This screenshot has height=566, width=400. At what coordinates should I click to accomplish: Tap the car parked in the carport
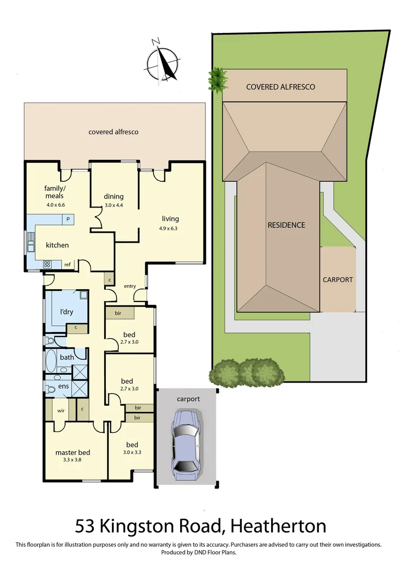186,445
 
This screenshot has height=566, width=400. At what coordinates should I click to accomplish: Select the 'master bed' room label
72,452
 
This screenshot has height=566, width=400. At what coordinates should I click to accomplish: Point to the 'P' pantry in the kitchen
68,219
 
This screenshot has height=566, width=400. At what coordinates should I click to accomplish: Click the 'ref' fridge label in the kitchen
67,265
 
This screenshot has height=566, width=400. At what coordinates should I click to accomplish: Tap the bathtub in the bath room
51,361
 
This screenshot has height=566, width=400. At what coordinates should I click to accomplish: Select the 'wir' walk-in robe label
60,411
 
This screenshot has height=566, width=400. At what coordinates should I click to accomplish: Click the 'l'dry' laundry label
66,312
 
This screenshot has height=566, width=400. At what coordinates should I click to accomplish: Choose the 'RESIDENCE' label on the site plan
286,225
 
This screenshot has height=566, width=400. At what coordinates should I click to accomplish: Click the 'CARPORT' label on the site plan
337,279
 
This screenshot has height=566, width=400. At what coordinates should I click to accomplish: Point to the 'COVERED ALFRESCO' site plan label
281,86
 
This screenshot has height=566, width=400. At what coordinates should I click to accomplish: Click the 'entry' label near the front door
130,286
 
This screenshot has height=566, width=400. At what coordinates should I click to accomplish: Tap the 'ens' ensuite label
63,386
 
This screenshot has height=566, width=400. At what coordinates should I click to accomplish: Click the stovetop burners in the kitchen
47,264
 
